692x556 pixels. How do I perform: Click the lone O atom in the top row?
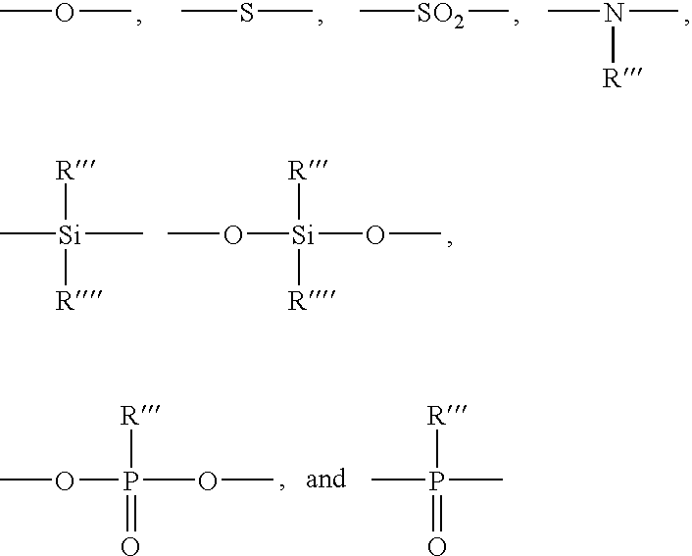point(65,13)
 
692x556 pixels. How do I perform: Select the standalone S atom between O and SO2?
point(247,13)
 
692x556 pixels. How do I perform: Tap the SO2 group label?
point(440,15)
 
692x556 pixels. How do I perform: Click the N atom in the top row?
point(614,14)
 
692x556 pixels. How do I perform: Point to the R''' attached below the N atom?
point(622,78)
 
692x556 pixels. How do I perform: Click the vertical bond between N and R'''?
point(613,44)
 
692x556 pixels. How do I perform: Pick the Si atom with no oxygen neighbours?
point(70,235)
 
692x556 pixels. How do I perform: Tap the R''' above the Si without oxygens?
point(75,170)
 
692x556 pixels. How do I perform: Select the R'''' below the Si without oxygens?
point(78,300)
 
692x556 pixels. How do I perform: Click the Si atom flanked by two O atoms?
point(302,235)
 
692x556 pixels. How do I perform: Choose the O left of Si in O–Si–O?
point(233,235)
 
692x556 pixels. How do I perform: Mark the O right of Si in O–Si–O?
point(375,235)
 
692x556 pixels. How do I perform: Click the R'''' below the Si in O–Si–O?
point(311,300)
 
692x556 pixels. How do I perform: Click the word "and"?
point(325,479)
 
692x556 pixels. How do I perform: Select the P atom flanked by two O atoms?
point(130,480)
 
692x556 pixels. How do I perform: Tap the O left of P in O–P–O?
point(65,481)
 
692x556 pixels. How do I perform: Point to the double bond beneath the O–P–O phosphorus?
point(130,513)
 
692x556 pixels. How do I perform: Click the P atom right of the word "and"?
point(436,480)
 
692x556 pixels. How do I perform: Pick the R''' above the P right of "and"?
point(447,415)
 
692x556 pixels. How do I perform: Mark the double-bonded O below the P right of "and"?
point(437,546)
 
